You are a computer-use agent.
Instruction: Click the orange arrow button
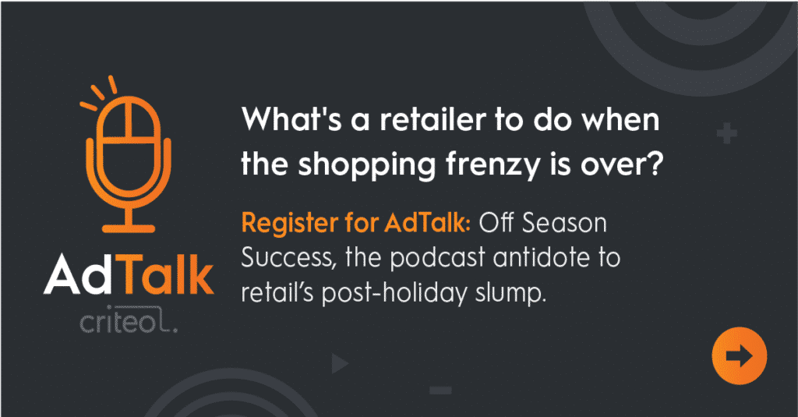click(x=739, y=355)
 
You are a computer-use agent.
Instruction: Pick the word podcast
click(x=437, y=258)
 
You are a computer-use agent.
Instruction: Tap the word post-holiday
click(x=394, y=293)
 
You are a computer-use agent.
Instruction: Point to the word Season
click(x=565, y=224)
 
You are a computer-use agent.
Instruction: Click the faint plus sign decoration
click(x=727, y=134)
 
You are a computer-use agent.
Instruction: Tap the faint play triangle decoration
click(x=339, y=363)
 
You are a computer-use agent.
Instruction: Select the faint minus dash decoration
click(x=440, y=390)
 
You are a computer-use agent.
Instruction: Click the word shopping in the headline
click(x=367, y=165)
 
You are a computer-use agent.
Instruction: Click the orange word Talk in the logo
click(x=168, y=275)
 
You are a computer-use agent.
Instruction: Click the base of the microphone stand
click(x=129, y=228)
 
